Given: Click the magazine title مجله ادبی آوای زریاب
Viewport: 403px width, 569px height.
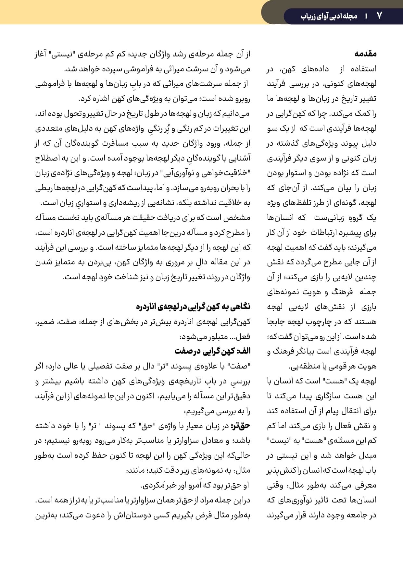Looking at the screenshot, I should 329,16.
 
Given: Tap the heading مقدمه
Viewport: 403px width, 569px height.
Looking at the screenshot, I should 366,54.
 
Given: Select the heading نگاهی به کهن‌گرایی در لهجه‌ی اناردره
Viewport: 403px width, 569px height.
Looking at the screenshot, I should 193,307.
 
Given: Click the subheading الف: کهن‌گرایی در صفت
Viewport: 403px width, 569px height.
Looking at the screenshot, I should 213,351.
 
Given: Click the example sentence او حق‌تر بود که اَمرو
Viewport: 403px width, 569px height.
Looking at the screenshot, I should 195,486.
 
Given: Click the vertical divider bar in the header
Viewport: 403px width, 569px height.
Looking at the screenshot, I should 367,16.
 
